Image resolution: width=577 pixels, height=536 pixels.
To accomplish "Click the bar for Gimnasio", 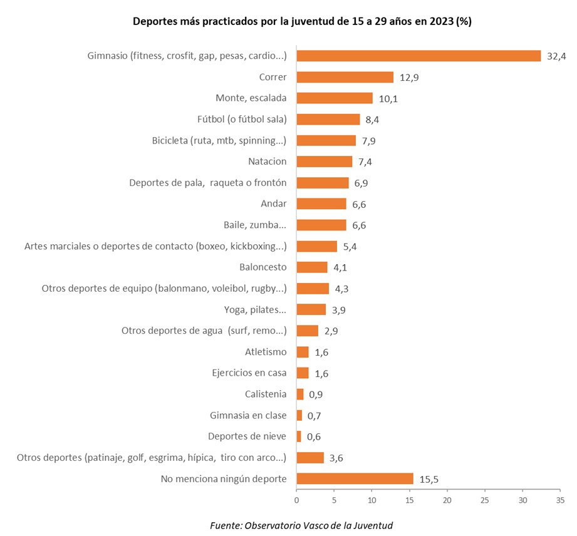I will tap(418, 56).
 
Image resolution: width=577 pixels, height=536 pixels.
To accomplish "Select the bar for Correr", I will tap(345, 77).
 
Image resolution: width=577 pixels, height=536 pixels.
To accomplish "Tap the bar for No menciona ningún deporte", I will tap(355, 479).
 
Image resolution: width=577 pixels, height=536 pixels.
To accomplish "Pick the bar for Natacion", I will tap(324, 162).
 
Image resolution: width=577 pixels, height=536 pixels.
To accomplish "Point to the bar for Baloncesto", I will tap(311, 267).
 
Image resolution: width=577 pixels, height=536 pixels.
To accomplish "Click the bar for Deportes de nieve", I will tap(299, 436).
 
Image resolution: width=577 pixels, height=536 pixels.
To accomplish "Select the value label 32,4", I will tap(555, 56).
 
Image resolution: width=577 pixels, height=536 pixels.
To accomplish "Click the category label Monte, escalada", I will tap(251, 98).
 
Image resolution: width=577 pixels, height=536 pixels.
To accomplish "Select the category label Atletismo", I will tap(266, 352).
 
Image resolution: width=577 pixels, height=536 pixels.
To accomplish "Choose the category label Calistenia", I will tap(266, 394).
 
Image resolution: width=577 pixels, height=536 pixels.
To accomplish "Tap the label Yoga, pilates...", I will tap(255, 310).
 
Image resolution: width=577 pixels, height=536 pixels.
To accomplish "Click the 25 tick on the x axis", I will tap(485, 500).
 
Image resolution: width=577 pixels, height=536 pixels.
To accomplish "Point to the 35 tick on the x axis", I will tap(560, 500).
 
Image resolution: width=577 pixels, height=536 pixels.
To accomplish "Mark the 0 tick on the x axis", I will tap(296, 500).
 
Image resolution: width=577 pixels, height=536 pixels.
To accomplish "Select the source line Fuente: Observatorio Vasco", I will tap(301, 525).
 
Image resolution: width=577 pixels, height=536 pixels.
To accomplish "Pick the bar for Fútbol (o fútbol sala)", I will tap(328, 119).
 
